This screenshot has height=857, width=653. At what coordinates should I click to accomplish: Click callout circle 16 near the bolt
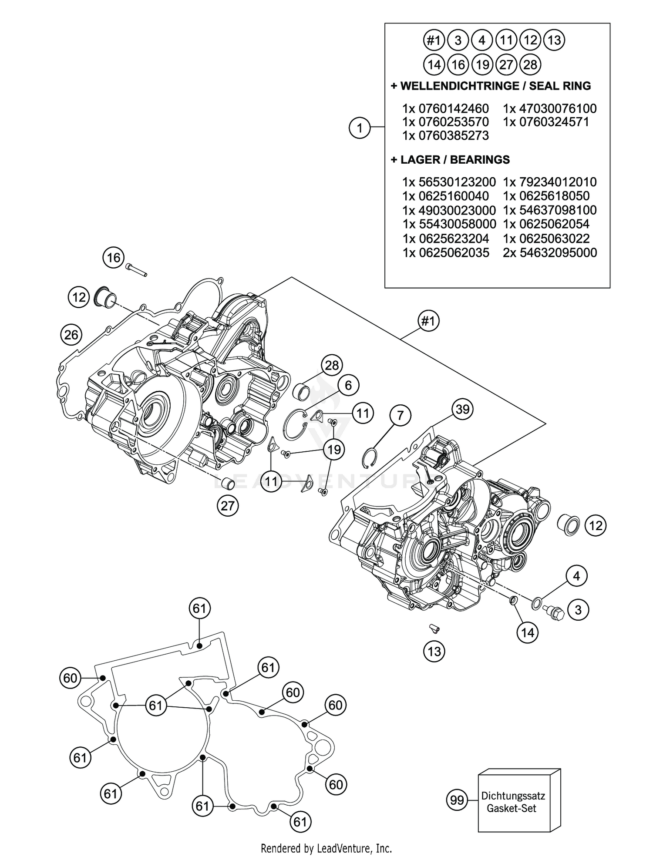tap(114, 258)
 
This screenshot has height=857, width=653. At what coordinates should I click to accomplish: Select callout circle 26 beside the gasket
tap(71, 335)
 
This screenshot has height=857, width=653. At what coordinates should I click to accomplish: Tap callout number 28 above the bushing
tap(332, 365)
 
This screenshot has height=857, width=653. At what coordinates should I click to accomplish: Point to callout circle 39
tap(462, 409)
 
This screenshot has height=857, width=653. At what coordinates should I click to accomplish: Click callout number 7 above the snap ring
tap(400, 415)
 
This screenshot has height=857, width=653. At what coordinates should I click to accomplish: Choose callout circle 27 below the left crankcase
tap(228, 506)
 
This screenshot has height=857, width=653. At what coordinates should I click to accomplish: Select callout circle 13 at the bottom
tap(434, 652)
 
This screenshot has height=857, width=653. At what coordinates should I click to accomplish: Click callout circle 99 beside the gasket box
tap(457, 800)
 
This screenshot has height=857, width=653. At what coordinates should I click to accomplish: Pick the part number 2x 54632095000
tap(549, 253)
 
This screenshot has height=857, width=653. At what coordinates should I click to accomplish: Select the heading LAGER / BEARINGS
tap(450, 160)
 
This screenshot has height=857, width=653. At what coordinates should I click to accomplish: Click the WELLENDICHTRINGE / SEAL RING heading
tap(491, 86)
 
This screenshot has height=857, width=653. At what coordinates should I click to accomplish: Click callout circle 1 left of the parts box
tap(360, 128)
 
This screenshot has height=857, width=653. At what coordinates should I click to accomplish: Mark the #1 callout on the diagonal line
tap(428, 321)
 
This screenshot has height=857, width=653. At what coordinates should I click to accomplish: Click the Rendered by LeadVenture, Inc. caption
tap(326, 848)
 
